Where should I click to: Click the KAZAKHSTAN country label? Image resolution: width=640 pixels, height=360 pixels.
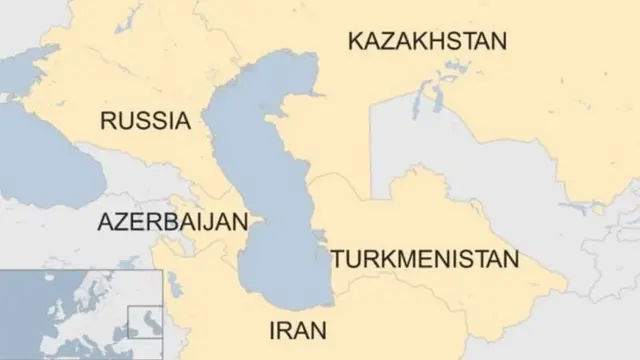coord(427,41)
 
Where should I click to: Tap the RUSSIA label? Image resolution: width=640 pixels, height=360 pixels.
coord(145,121)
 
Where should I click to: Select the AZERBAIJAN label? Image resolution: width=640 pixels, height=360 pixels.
coord(171,222)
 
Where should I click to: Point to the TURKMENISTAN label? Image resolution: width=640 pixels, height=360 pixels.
coord(426,260)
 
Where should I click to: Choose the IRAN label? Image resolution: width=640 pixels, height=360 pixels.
coord(297,330)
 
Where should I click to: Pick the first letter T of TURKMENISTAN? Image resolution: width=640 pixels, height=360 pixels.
coord(337,260)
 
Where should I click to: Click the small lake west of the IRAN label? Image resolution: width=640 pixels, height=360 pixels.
coord(174,285)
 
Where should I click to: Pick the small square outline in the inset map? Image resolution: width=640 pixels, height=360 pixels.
coord(145,322)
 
